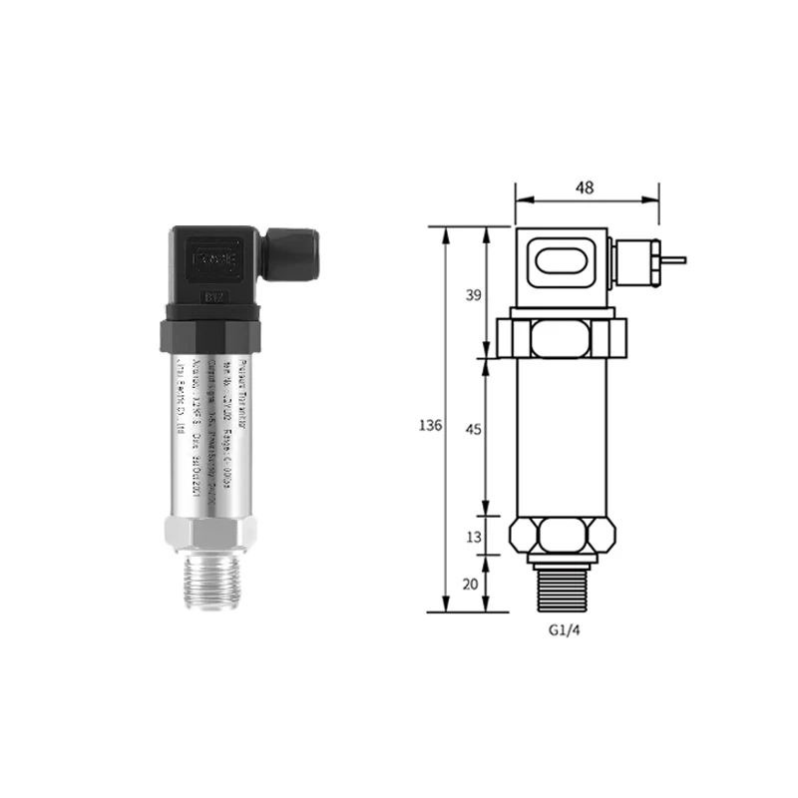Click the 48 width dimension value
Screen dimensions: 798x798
click(x=586, y=186)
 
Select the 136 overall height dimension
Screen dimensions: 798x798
click(x=431, y=425)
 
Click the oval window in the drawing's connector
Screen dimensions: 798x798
click(x=562, y=265)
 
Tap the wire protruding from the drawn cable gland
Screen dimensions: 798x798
click(x=673, y=260)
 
